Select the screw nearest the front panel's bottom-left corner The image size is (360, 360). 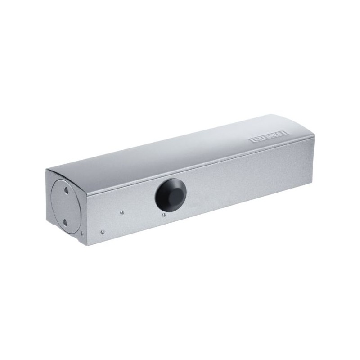[x=103, y=232]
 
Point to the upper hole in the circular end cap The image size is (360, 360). [x=67, y=190]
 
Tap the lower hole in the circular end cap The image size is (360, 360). [x=65, y=222]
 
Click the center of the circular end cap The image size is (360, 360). [x=64, y=207]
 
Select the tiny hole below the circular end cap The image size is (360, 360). [x=81, y=233]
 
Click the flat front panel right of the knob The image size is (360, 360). [x=243, y=180]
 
